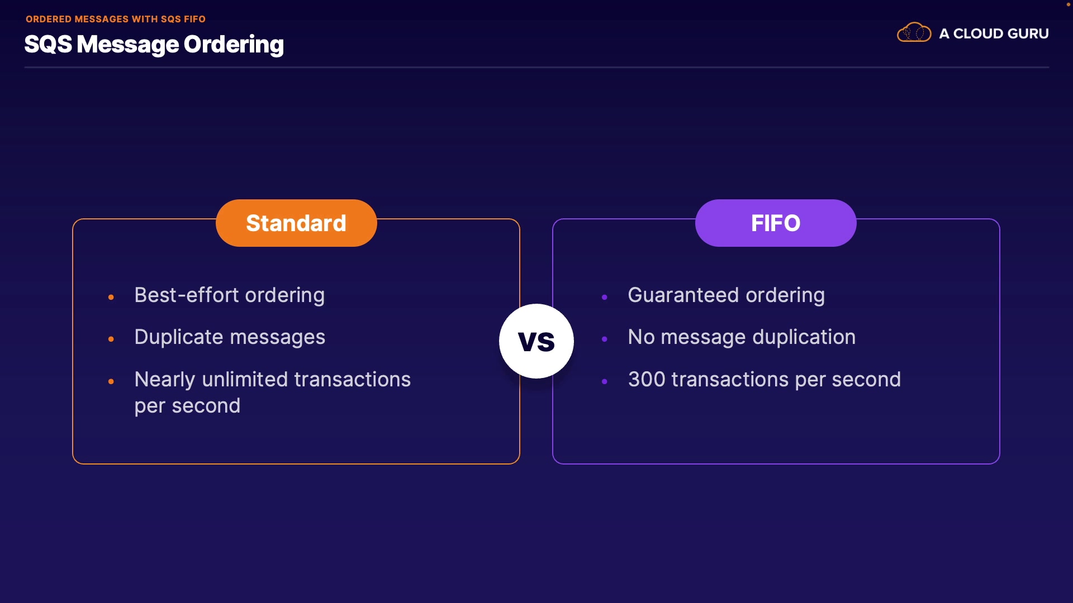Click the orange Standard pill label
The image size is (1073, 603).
tap(296, 223)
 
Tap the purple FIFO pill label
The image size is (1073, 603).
tap(776, 223)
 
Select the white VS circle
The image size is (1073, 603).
tap(536, 341)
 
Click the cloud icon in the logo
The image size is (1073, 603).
tap(914, 32)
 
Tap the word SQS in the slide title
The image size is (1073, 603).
tap(48, 44)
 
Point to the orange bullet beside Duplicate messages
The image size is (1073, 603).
tap(111, 339)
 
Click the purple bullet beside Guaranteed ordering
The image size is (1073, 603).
tap(604, 297)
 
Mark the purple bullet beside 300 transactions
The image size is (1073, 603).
tap(604, 381)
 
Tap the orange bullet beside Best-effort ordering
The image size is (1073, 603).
tap(111, 297)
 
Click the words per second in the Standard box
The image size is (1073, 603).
tap(187, 406)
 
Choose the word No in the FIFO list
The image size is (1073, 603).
tap(641, 337)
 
